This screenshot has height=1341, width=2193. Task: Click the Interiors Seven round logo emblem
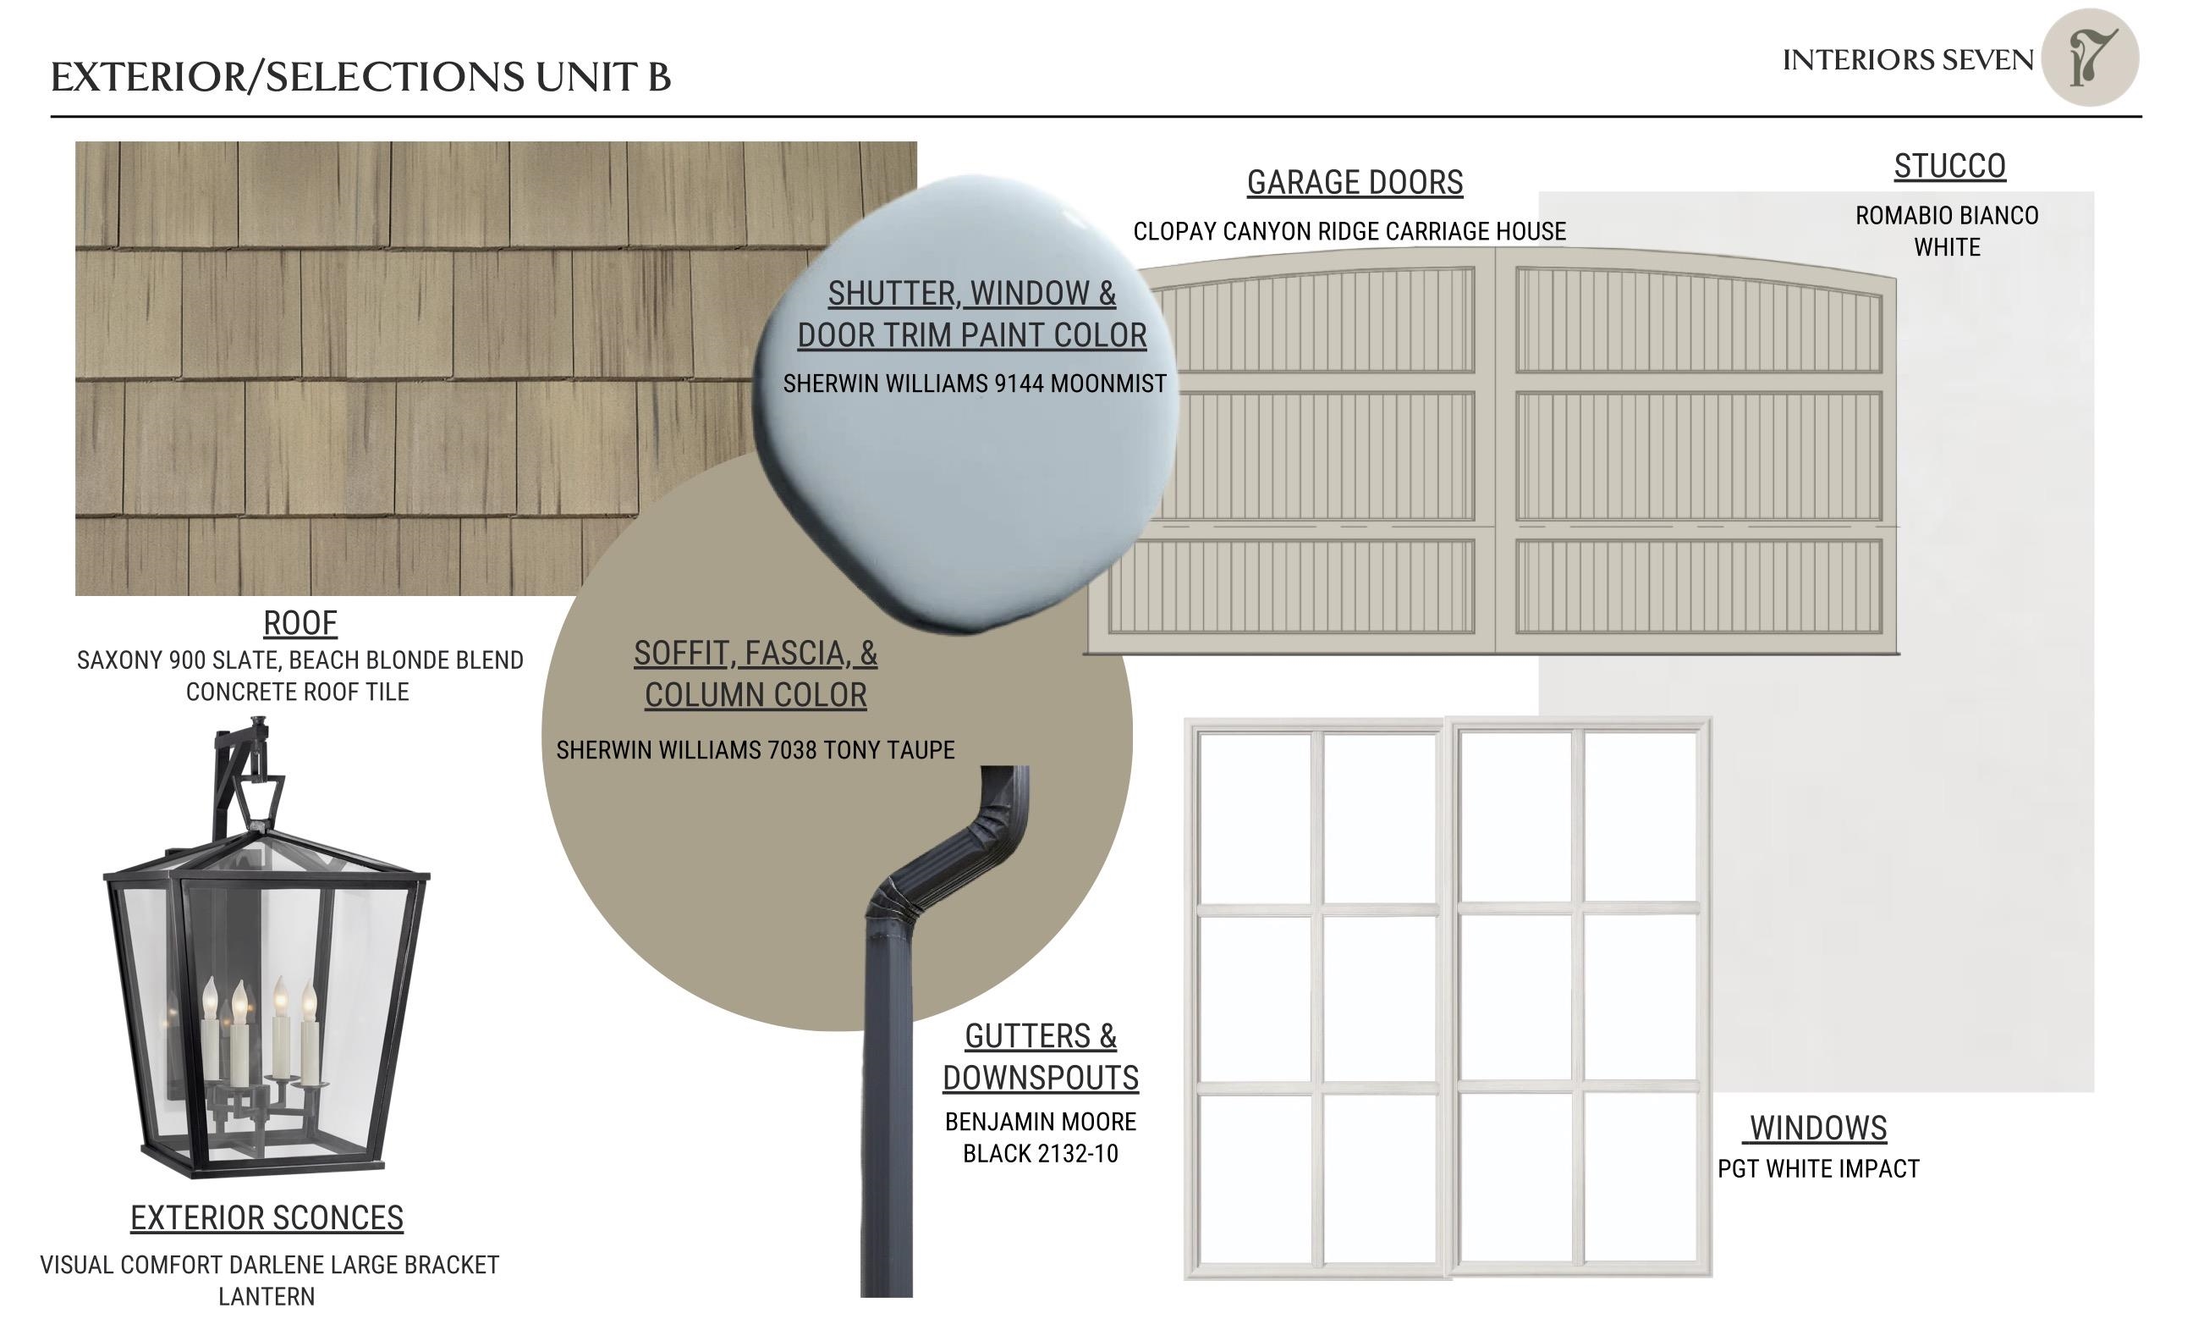pos(2090,58)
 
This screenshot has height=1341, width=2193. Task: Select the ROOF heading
pos(300,623)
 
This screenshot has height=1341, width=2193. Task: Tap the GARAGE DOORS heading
pos(1355,183)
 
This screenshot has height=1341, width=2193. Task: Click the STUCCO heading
pos(1949,167)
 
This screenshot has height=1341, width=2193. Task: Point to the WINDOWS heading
pos(1818,1129)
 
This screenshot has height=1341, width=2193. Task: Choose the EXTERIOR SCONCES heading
pos(267,1218)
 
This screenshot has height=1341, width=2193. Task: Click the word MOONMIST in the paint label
pos(1108,384)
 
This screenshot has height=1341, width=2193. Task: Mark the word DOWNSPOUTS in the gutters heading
pos(1041,1079)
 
